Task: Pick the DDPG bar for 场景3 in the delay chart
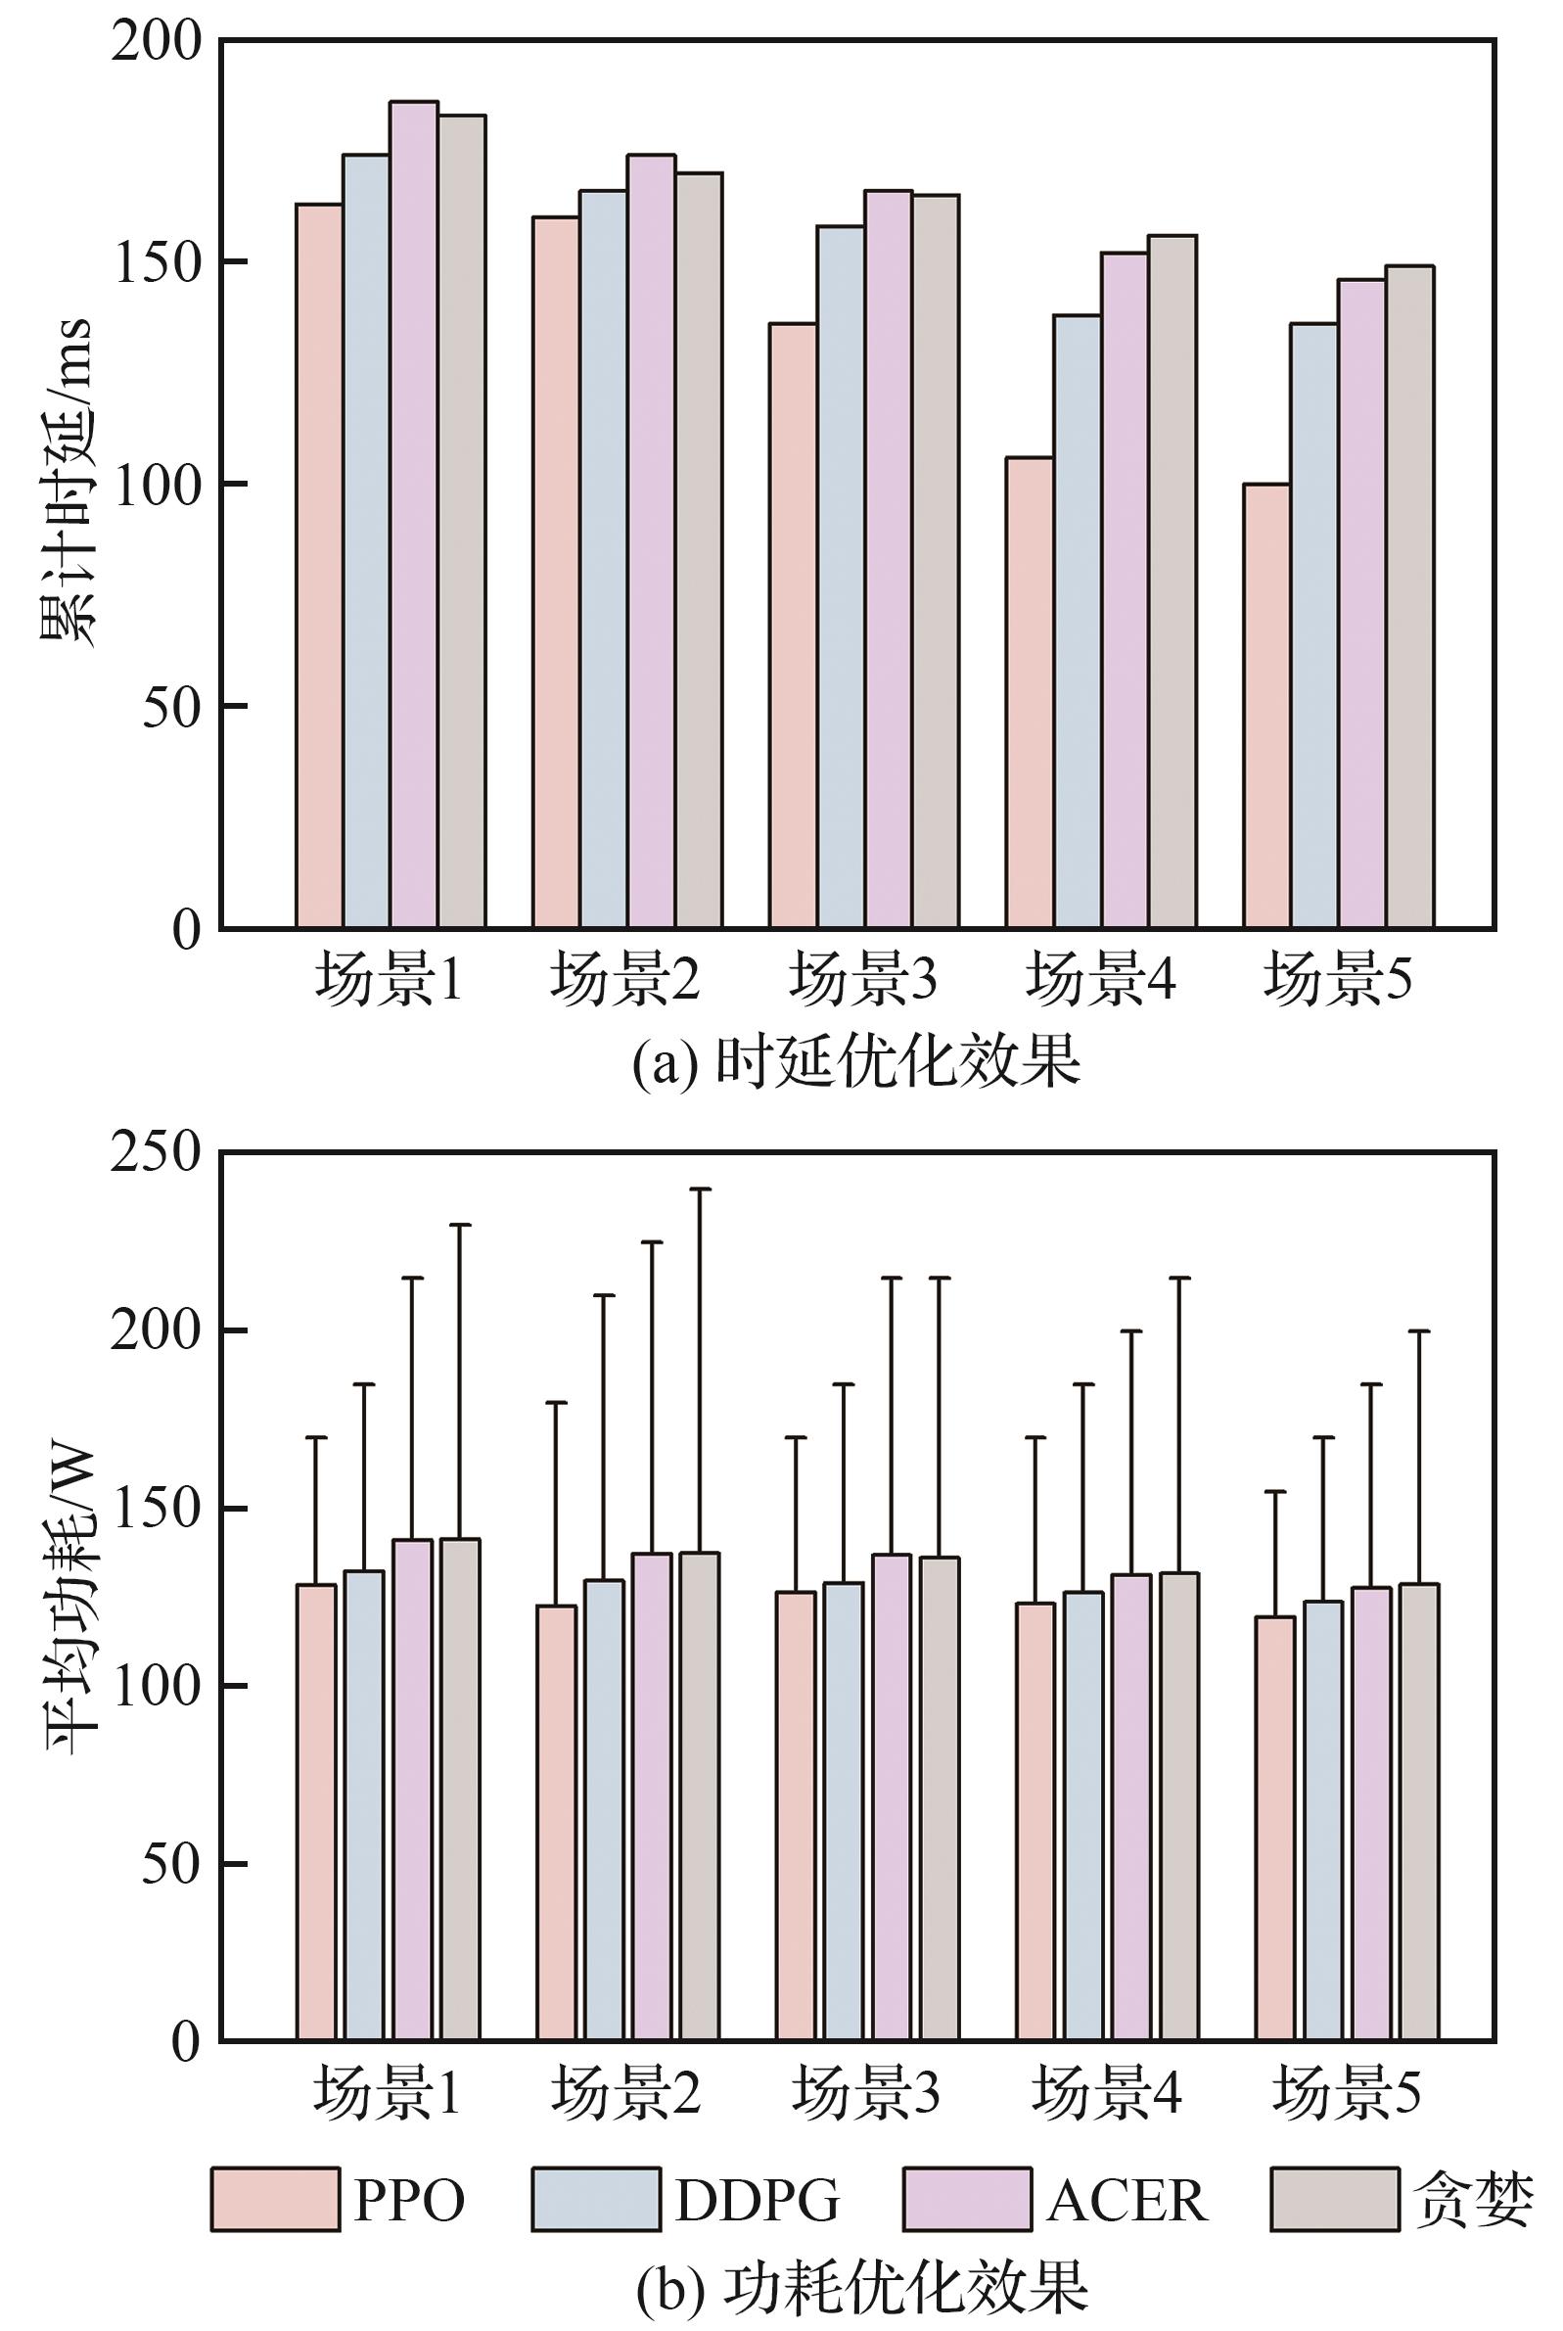[841, 578]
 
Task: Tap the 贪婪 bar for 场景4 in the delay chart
[1172, 583]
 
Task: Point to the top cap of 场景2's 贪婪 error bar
[700, 1189]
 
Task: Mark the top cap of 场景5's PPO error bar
[1274, 1492]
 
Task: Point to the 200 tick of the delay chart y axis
[157, 42]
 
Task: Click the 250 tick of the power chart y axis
[157, 1153]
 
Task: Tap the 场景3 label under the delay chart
[863, 980]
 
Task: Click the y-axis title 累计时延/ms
[68, 484]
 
